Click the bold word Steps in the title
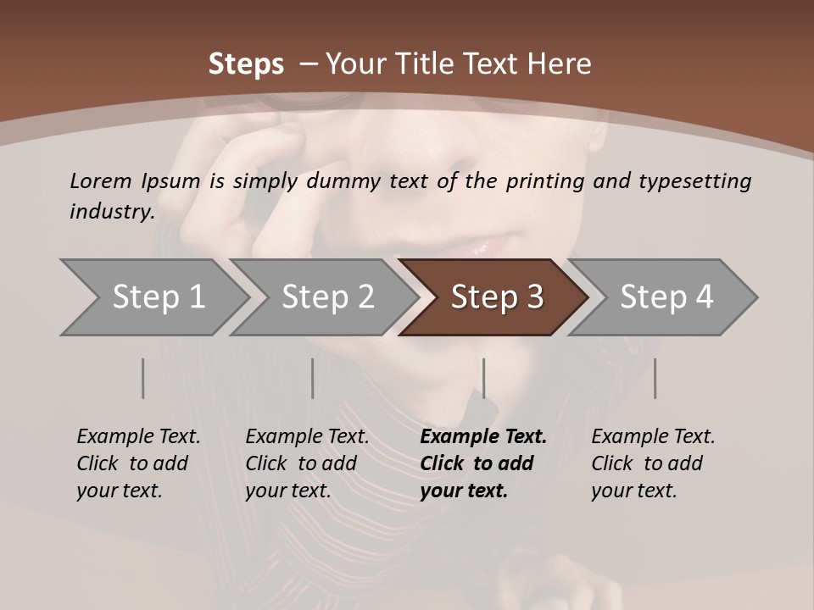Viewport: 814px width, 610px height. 246,64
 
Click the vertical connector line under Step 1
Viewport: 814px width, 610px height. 142,378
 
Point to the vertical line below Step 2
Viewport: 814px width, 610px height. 312,378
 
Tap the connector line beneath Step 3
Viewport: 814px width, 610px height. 483,378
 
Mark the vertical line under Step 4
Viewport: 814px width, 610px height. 655,378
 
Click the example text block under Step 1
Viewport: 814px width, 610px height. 138,463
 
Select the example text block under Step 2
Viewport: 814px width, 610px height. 307,463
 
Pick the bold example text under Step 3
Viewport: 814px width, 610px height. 483,463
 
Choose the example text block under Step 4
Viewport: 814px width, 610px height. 653,463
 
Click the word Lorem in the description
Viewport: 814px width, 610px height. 100,180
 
